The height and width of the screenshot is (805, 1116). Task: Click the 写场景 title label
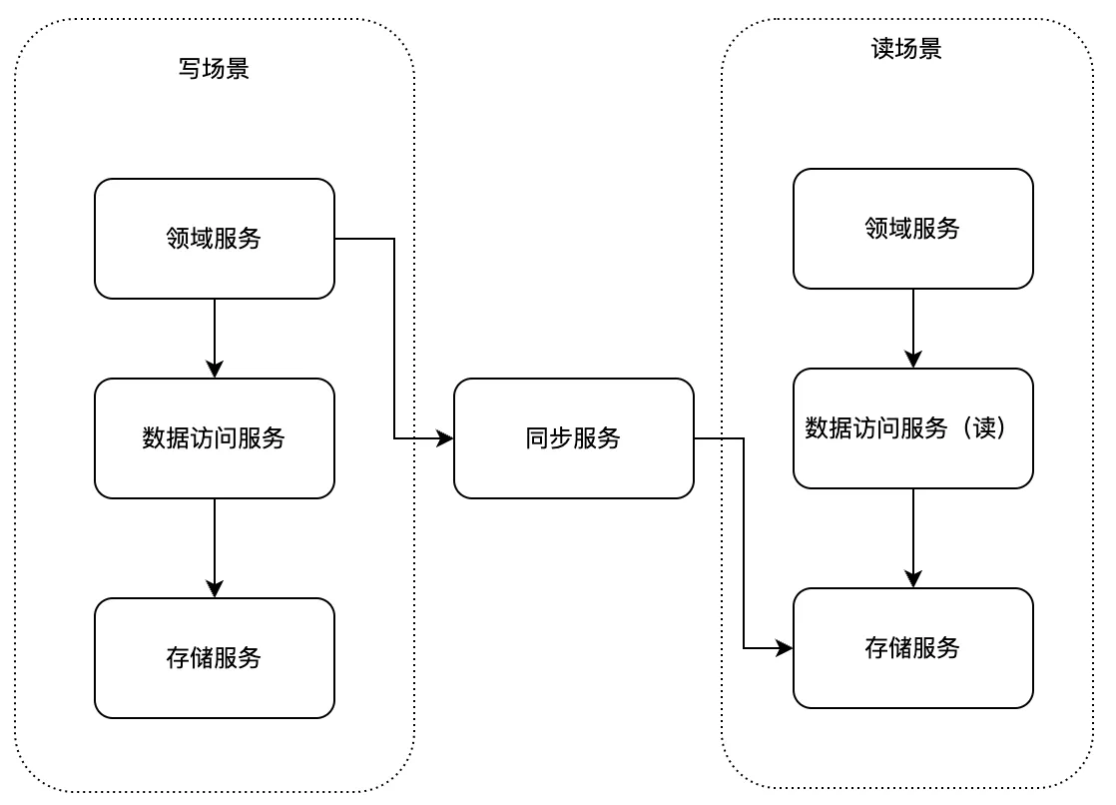214,69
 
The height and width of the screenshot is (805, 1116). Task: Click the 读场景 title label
906,49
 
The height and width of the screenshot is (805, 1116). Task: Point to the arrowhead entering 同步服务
445,438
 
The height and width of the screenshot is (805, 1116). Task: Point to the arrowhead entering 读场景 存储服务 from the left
785,648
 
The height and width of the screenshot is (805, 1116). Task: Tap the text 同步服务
573,438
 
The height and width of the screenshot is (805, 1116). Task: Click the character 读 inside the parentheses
982,428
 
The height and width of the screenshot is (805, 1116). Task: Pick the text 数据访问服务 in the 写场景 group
214,438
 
